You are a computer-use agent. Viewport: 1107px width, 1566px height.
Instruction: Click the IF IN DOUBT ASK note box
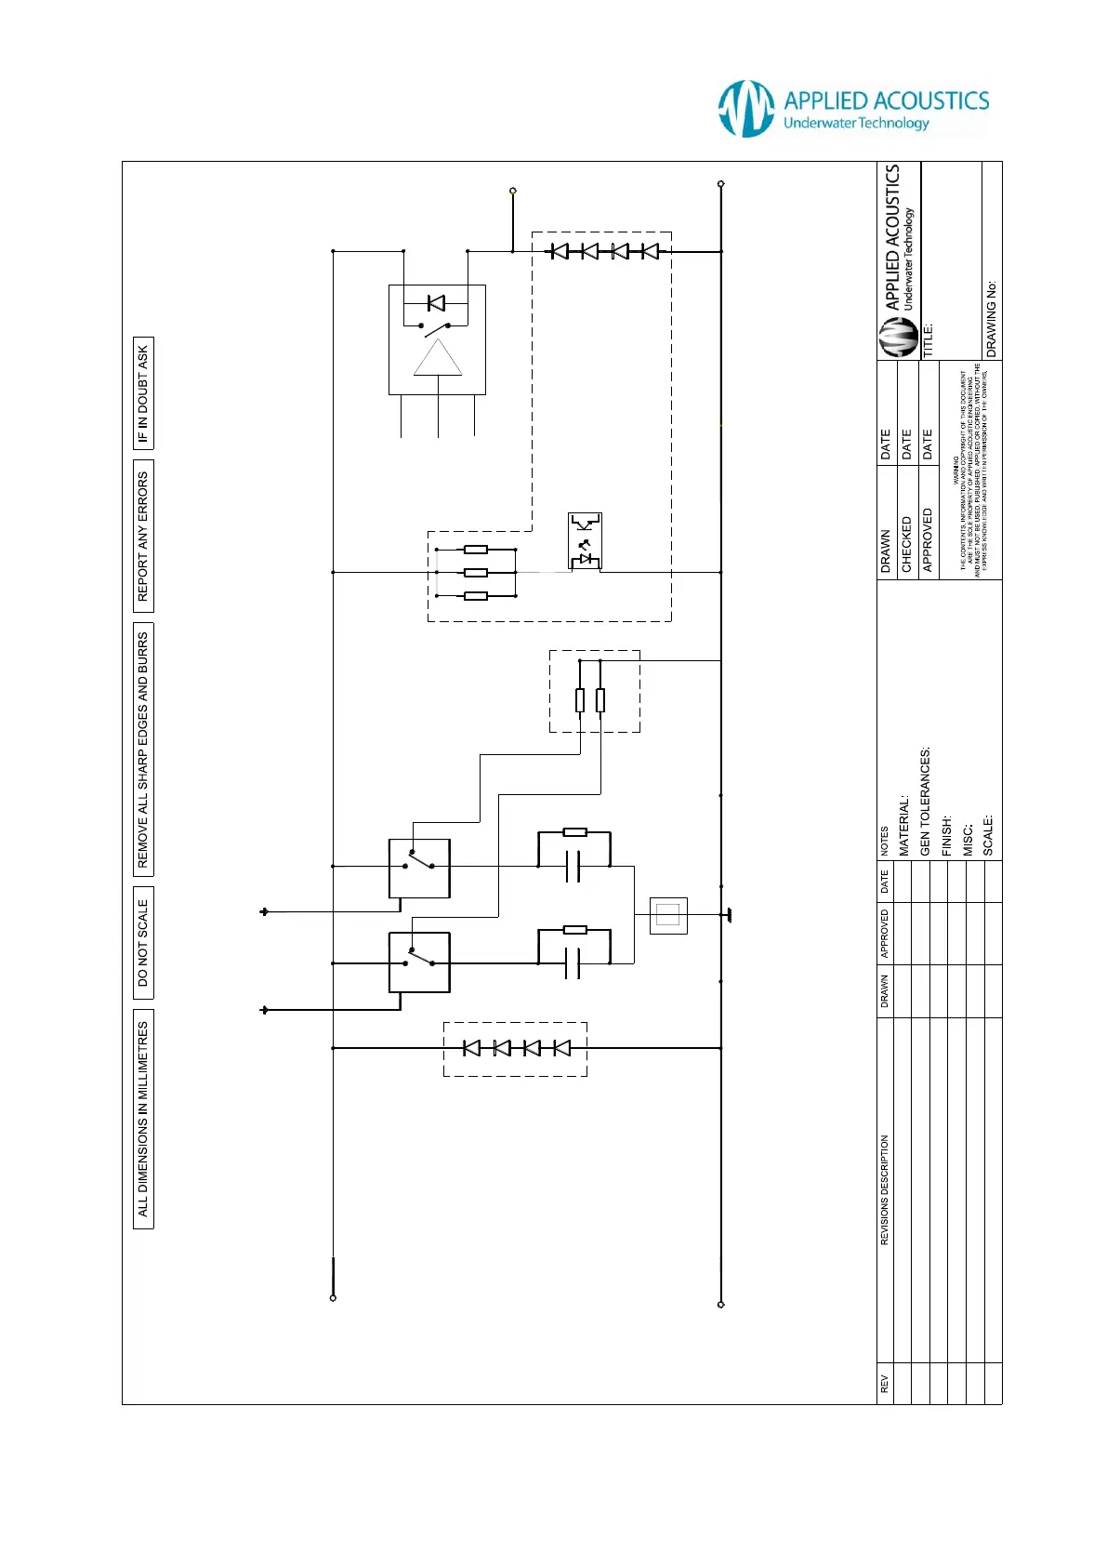pyautogui.click(x=143, y=393)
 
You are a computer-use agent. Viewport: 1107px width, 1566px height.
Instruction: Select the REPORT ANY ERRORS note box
pyautogui.click(x=143, y=536)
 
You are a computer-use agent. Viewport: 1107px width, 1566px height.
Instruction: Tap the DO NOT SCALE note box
pyautogui.click(x=143, y=943)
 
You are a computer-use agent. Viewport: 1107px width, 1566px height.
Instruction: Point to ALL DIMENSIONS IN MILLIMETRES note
pyautogui.click(x=143, y=1119)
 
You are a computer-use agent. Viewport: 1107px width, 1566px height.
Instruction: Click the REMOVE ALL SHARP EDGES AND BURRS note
pyautogui.click(x=143, y=750)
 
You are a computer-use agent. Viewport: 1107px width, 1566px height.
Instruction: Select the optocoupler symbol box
pyautogui.click(x=585, y=540)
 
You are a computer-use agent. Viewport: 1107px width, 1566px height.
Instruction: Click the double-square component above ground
pyautogui.click(x=668, y=916)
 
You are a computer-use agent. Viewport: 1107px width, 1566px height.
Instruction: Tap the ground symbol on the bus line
pyautogui.click(x=728, y=915)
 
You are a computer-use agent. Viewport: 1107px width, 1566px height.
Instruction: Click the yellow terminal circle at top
pyautogui.click(x=512, y=191)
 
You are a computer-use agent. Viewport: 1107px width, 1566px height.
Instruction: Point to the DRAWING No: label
pyautogui.click(x=992, y=319)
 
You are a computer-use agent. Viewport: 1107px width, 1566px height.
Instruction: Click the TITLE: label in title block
pyautogui.click(x=928, y=340)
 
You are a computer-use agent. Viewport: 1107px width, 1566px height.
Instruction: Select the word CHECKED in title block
pyautogui.click(x=906, y=544)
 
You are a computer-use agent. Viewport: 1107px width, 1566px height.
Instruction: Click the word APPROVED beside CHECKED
pyautogui.click(x=927, y=539)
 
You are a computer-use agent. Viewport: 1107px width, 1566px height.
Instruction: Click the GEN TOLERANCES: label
pyautogui.click(x=925, y=802)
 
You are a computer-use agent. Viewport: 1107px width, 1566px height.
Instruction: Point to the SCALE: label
pyautogui.click(x=988, y=835)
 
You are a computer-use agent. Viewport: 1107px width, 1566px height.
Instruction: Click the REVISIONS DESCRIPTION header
pyautogui.click(x=884, y=1189)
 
